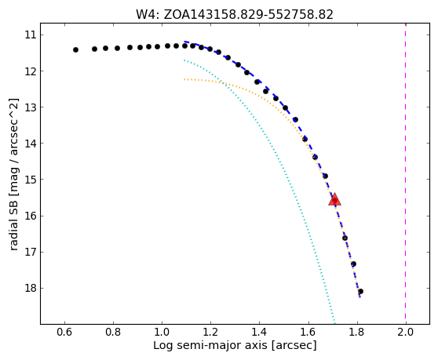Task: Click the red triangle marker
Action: (334, 199)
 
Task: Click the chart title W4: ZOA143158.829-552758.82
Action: (235, 15)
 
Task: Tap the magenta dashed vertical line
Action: (405, 173)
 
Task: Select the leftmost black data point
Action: (75, 49)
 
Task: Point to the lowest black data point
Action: (360, 291)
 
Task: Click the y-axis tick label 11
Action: (31, 35)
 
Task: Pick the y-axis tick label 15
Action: (31, 180)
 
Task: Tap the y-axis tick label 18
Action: (31, 288)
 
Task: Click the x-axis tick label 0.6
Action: (64, 333)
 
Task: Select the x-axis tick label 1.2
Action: (210, 333)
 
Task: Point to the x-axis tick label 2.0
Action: (405, 333)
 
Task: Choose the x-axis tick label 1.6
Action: (308, 333)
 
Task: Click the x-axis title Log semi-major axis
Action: (211, 345)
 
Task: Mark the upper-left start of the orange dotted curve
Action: (184, 79)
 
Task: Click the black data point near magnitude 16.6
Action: (345, 238)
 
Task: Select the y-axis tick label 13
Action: (31, 107)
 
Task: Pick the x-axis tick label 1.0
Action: (162, 333)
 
